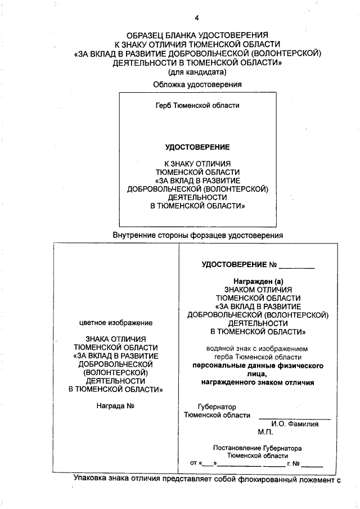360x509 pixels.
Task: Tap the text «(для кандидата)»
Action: pos(197,71)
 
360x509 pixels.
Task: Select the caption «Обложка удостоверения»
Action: pos(197,84)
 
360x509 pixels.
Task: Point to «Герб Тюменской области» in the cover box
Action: pos(197,105)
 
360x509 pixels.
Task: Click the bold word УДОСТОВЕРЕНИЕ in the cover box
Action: pos(197,147)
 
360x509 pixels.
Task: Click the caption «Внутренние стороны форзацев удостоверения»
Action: pos(197,235)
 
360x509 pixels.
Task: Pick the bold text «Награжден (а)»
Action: pos(258,281)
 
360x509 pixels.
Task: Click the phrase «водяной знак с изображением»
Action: pos(258,349)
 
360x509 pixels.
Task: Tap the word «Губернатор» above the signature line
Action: pos(217,407)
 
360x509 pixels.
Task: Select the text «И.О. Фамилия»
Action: pos(294,424)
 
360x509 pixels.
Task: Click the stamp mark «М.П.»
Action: pos(265,433)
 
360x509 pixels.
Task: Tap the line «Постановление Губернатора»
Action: pos(258,448)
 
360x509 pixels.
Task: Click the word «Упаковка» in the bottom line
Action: pos(91,479)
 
